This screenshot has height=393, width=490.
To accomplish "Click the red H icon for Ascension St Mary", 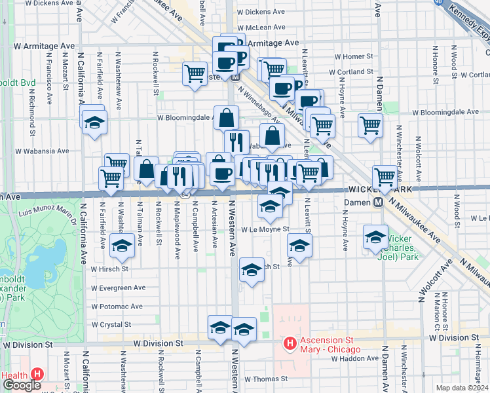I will point(289,343).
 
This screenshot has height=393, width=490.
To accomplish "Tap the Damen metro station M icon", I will point(379,202).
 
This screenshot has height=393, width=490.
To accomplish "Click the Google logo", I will point(22,385).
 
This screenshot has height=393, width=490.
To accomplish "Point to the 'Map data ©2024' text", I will point(462,388).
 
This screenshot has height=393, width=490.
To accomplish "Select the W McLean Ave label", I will point(261,28).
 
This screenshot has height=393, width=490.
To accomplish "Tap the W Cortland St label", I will point(350,72).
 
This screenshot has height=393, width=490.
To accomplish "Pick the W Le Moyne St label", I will point(265,229).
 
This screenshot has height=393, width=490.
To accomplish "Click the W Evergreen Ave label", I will point(119,288).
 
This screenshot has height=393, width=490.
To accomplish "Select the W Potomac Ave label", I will point(117,306).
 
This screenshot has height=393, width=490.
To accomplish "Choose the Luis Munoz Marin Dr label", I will point(48,211).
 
